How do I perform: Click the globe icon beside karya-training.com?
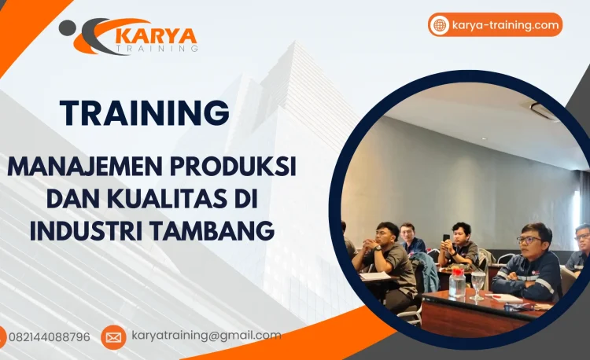click(440, 25)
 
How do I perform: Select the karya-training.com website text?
click(506, 25)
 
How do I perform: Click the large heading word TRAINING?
click(144, 113)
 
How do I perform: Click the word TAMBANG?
click(219, 231)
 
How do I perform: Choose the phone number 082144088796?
click(49, 337)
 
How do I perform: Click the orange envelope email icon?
click(113, 337)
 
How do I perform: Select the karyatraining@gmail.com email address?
click(205, 336)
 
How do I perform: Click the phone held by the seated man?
click(446, 238)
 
